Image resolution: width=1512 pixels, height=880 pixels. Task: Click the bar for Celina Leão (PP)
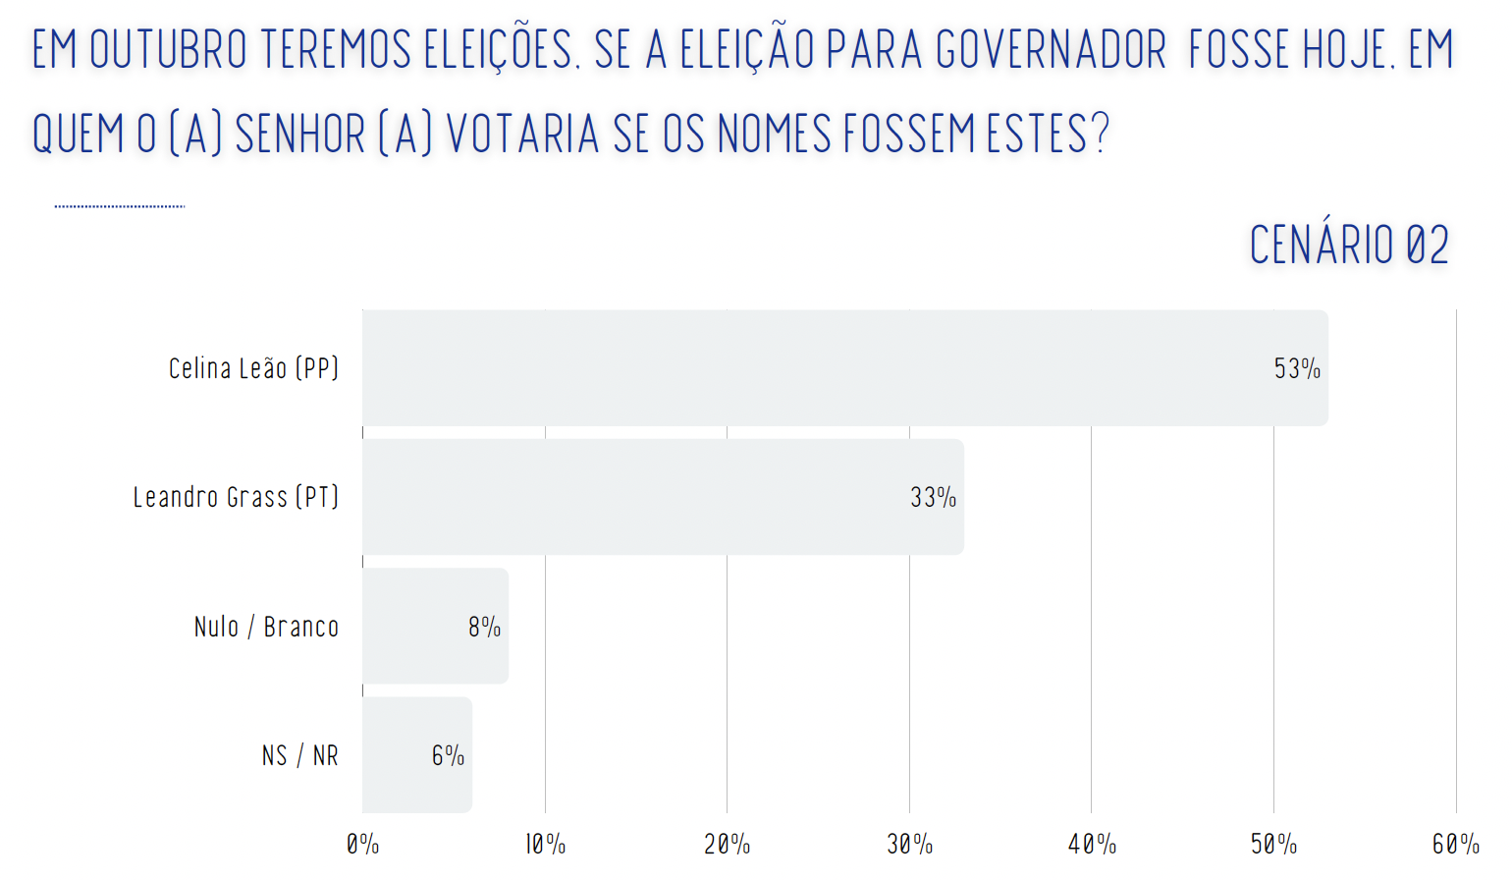845,368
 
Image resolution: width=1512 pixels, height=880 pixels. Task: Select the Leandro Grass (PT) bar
663,497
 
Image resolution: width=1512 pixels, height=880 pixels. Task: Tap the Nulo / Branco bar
435,626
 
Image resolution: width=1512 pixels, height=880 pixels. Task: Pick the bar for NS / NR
417,755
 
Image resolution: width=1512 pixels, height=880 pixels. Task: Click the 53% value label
1297,368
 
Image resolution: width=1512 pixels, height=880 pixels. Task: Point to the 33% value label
933,498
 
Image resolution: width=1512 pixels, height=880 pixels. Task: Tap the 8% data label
485,627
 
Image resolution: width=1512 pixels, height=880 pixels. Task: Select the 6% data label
448,755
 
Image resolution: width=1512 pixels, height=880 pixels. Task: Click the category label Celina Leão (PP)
253,368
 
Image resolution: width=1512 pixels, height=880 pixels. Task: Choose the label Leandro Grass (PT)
236,498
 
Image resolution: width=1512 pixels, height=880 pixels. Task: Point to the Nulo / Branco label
266,627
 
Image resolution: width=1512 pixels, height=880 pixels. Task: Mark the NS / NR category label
299,755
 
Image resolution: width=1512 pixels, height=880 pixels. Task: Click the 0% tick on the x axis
363,845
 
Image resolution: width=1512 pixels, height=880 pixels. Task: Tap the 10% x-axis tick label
546,845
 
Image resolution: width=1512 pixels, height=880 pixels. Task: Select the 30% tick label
910,845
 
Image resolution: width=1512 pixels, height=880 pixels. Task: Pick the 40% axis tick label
1092,845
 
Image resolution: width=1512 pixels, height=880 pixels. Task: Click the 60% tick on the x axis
1456,845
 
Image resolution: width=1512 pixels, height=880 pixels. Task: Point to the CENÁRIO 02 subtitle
1349,245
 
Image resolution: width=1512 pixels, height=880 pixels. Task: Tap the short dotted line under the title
120,206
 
